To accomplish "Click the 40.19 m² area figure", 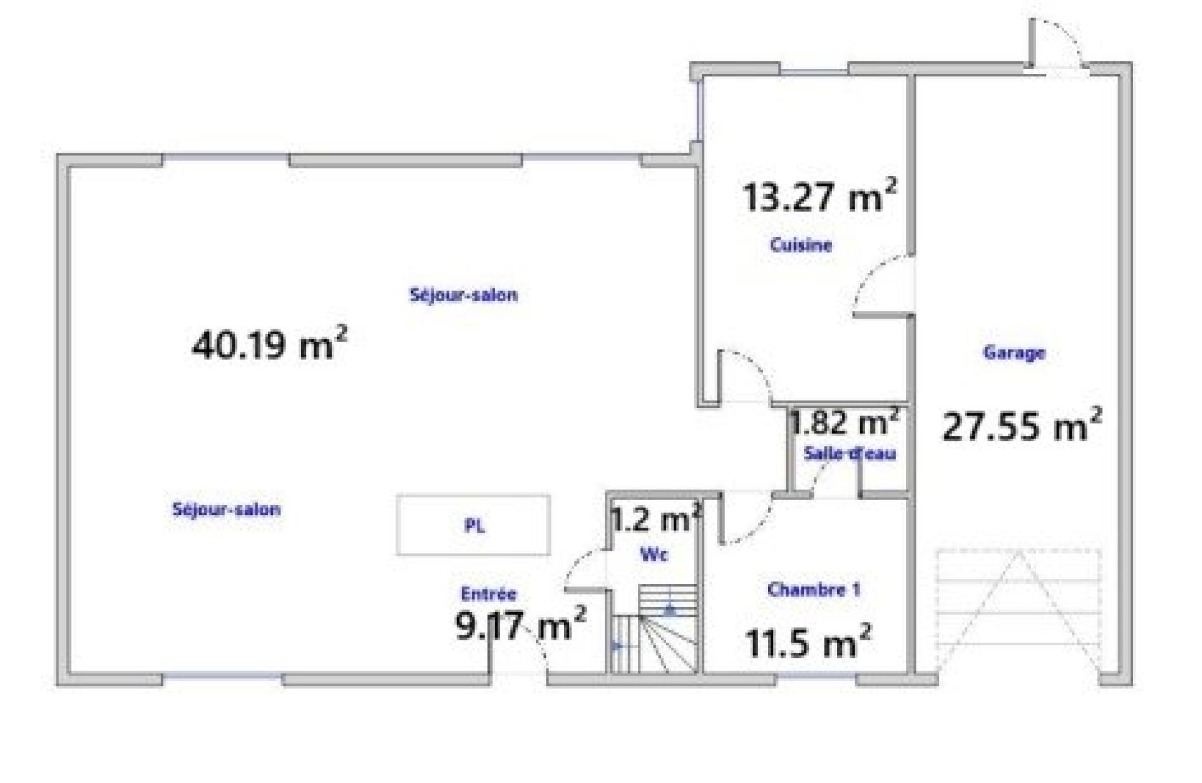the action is (x=269, y=344).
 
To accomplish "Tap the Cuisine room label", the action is (x=801, y=245).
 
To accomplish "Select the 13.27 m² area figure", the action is (x=819, y=195).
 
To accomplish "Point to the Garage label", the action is (x=1014, y=352).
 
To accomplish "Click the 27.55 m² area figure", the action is (x=1022, y=426).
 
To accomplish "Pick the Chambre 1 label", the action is (x=814, y=589).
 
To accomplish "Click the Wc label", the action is (x=654, y=554).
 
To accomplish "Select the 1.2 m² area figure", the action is (x=655, y=519).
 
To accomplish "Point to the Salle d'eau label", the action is (x=850, y=453).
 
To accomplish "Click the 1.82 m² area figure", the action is (x=845, y=422).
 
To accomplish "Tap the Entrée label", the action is (x=488, y=593).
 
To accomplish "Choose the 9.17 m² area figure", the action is (x=520, y=624).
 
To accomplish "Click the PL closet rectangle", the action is (x=473, y=525).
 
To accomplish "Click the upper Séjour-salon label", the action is (x=463, y=295).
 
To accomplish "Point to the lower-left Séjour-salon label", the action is (x=226, y=509).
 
